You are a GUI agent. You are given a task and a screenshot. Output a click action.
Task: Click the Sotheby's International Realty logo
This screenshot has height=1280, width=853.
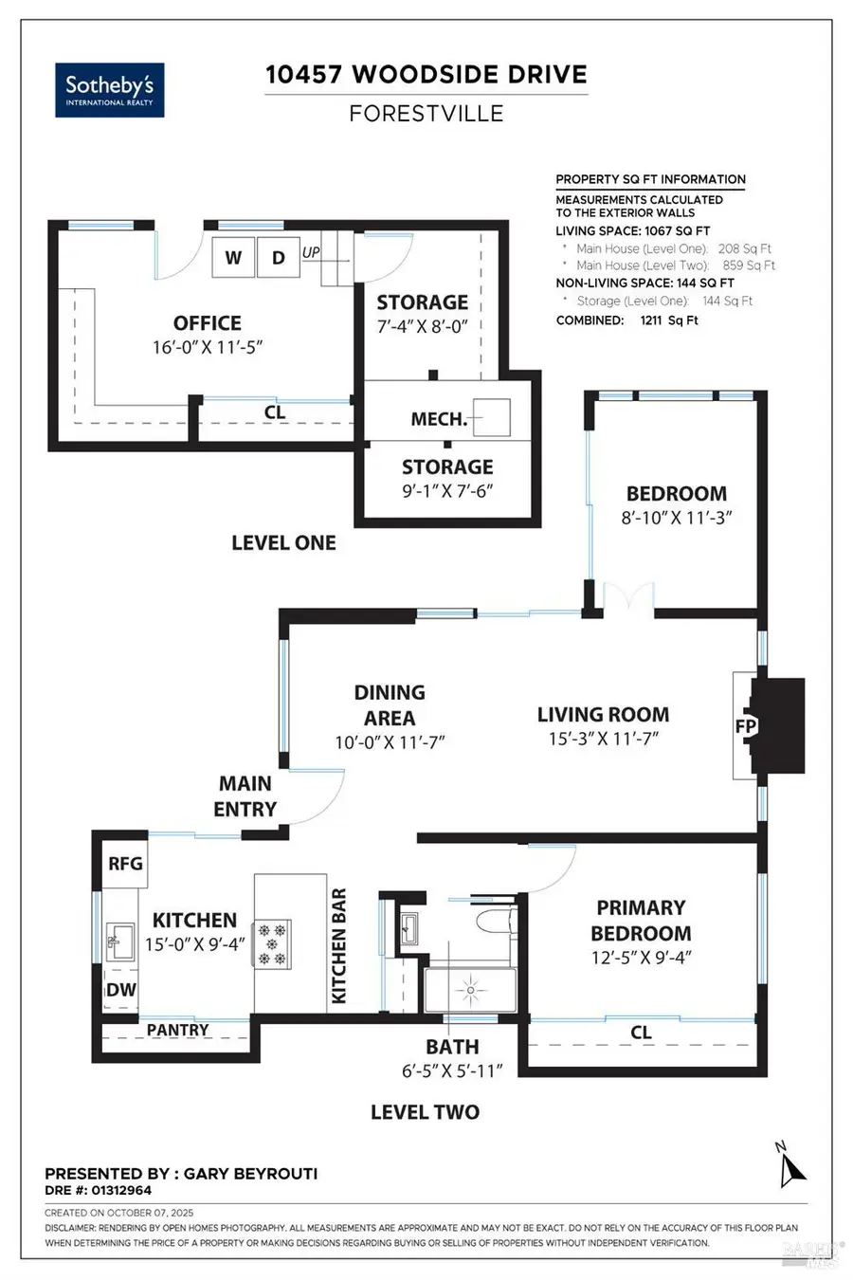tap(110, 90)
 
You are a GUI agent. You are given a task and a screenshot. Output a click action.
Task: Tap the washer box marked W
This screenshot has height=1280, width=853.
tap(233, 257)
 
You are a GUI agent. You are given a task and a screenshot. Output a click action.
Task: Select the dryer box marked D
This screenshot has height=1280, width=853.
tap(279, 257)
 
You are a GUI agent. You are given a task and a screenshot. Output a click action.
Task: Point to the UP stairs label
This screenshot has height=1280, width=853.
tap(311, 252)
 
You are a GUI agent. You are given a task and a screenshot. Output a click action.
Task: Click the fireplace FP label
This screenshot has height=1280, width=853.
tap(746, 725)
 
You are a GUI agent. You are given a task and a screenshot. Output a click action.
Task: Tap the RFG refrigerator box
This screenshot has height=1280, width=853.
tap(125, 863)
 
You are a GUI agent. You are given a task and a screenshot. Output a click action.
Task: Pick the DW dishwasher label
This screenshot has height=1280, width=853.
tap(121, 989)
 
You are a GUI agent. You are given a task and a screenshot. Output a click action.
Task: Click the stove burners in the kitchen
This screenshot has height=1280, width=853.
tap(273, 943)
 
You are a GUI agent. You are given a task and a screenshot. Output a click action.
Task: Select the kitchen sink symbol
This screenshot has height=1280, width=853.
tap(119, 941)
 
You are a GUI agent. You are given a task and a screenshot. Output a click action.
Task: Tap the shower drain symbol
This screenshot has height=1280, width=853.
tap(470, 990)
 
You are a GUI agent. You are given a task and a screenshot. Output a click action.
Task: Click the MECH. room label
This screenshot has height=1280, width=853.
tap(440, 419)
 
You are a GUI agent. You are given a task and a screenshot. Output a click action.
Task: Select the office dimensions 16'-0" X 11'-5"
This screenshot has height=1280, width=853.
tap(208, 347)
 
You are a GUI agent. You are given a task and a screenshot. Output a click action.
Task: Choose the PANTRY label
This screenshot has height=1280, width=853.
tap(177, 1030)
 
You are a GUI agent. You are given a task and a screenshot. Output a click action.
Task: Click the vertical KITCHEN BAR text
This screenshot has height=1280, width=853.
tap(338, 945)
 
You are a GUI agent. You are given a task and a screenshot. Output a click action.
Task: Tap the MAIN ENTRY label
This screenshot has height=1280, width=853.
tap(245, 796)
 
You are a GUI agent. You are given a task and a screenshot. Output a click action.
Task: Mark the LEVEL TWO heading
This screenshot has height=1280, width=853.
tap(425, 1112)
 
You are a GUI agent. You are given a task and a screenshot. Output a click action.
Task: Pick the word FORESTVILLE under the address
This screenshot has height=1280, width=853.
tap(426, 114)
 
